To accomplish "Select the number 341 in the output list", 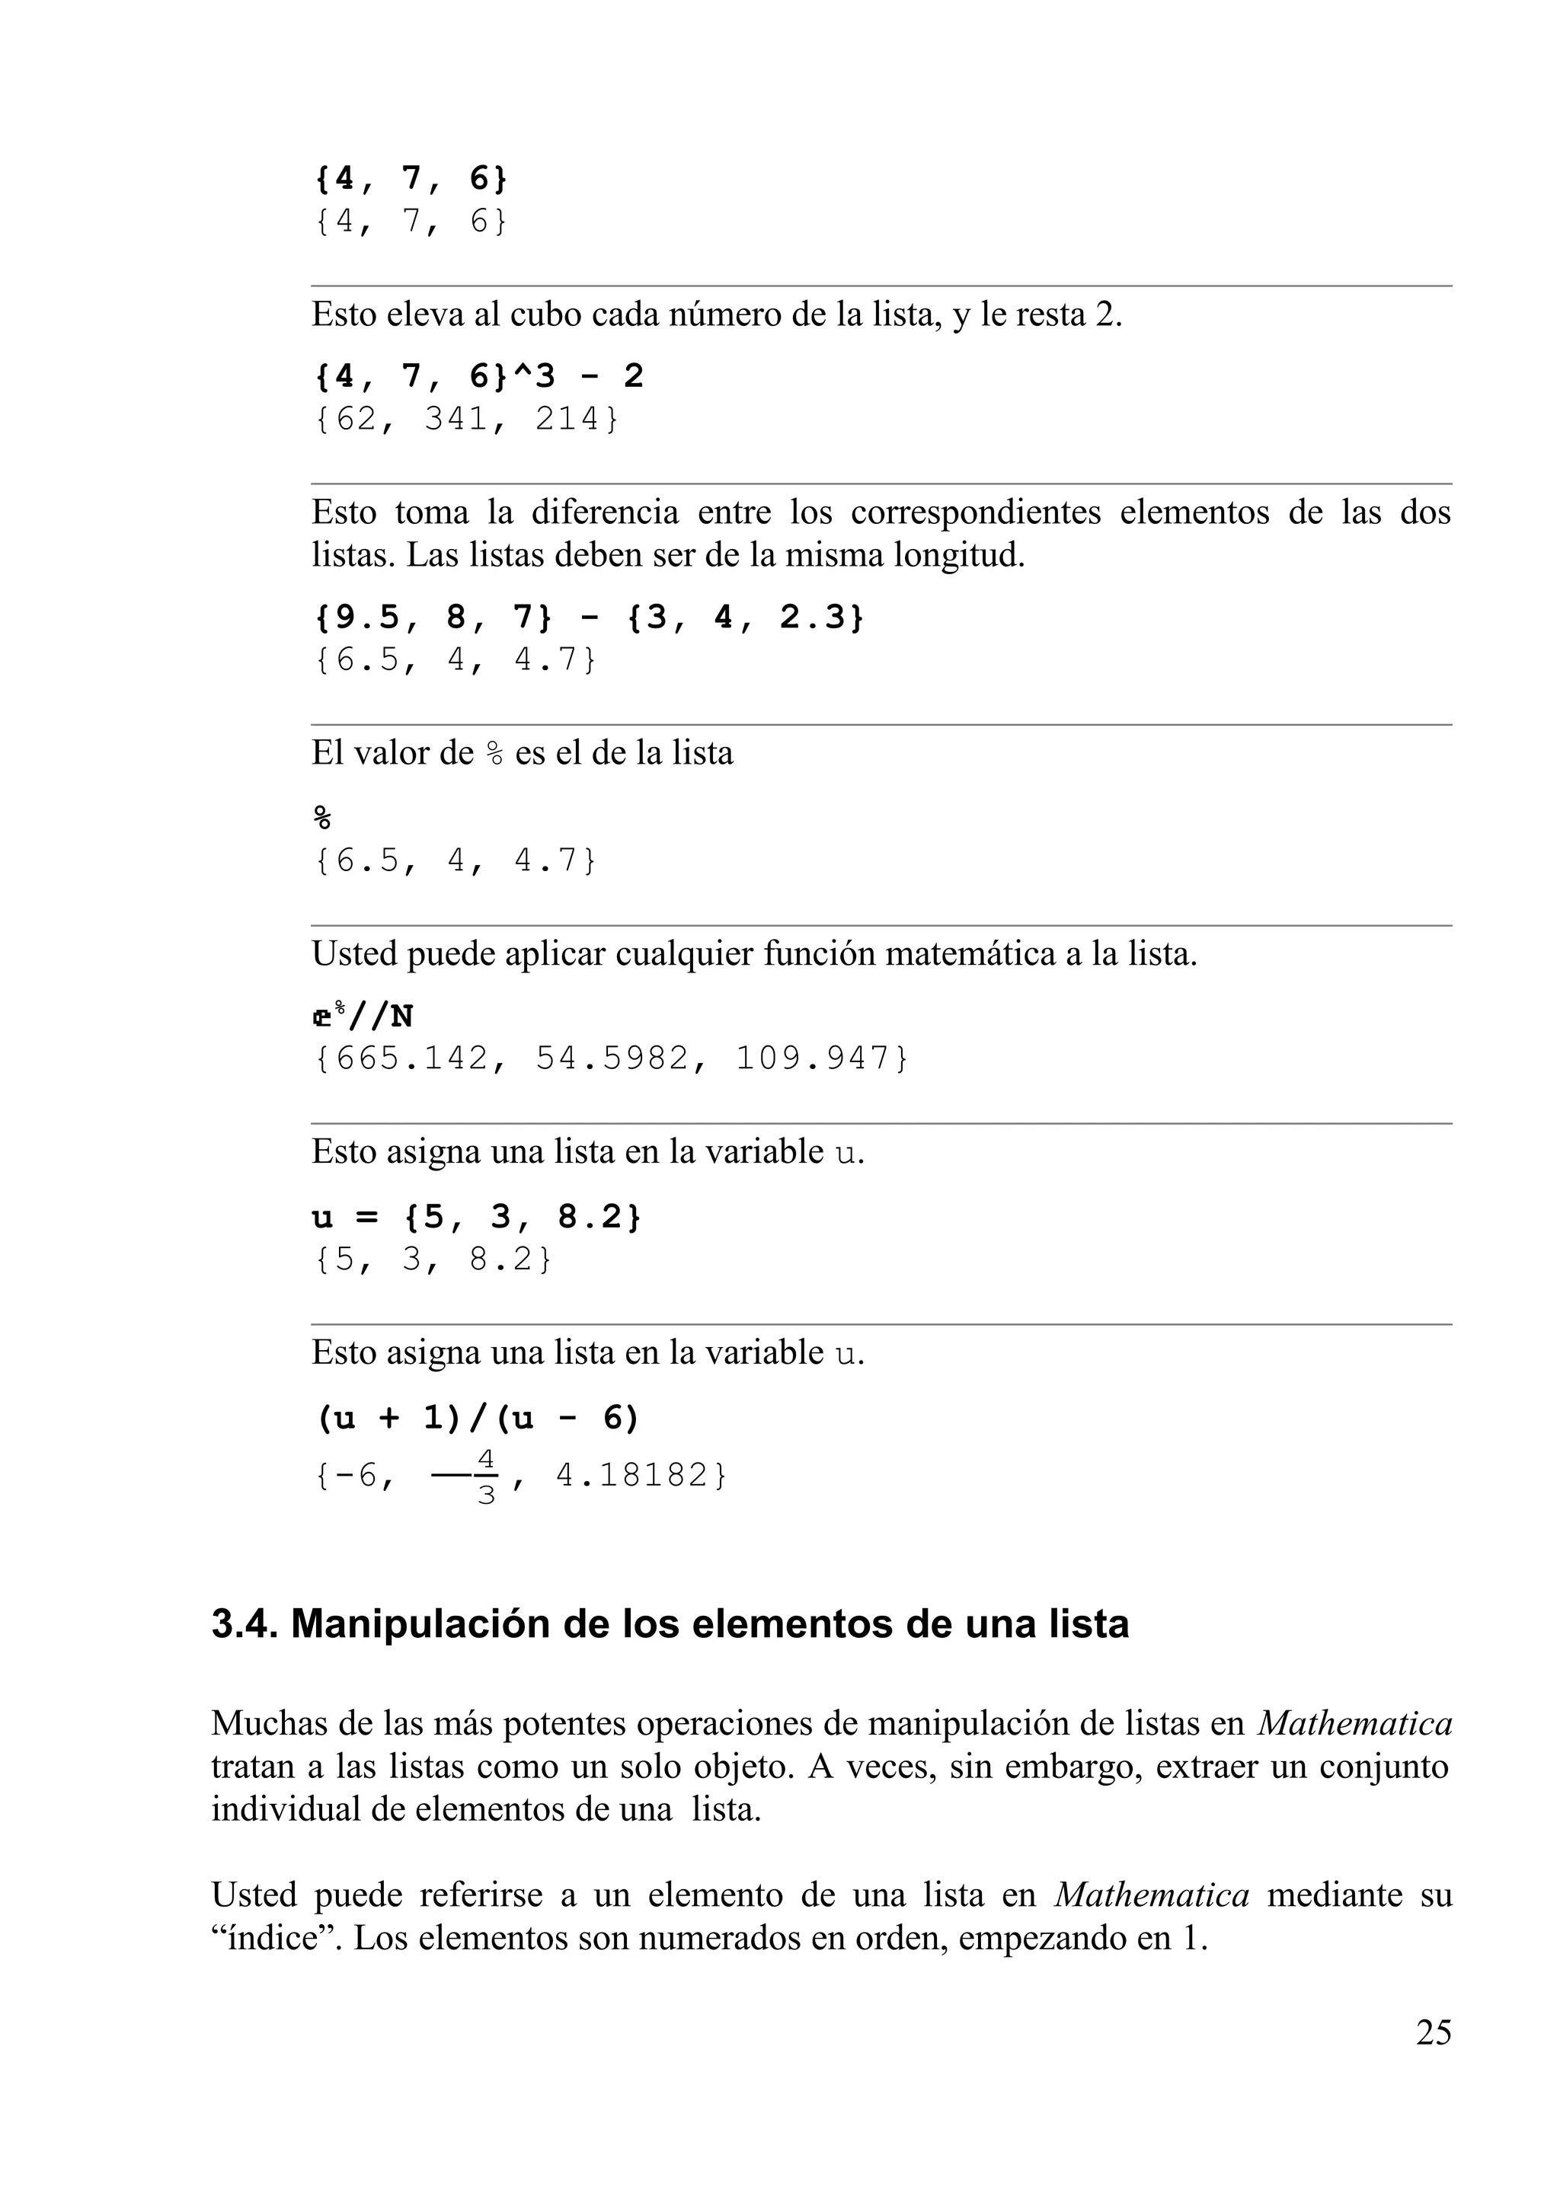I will [457, 420].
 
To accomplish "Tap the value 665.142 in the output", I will [402, 1058].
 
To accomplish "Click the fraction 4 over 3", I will [486, 1476].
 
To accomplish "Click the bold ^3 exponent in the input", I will [533, 376].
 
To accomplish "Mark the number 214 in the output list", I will [567, 420].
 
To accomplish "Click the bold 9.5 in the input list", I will [369, 618].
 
